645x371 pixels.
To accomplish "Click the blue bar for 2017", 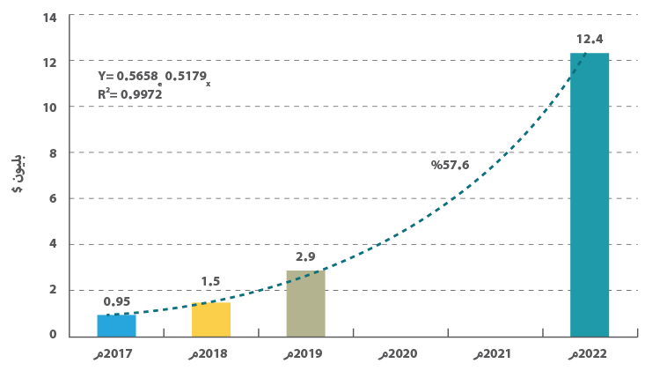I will [116, 324].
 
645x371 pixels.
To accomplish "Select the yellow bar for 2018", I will [211, 319].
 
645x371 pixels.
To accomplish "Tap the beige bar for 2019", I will [305, 302].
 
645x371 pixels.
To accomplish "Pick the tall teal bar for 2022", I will [590, 194].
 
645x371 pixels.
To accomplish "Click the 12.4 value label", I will [590, 40].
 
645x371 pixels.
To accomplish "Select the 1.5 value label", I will [212, 281].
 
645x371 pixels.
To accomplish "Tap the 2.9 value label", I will [305, 256].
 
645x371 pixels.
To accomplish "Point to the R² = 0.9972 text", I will [130, 93].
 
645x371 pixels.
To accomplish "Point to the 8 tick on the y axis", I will [53, 152].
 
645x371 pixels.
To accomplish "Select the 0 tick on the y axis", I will [53, 335].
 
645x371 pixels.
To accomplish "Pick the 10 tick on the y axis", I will [50, 108].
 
